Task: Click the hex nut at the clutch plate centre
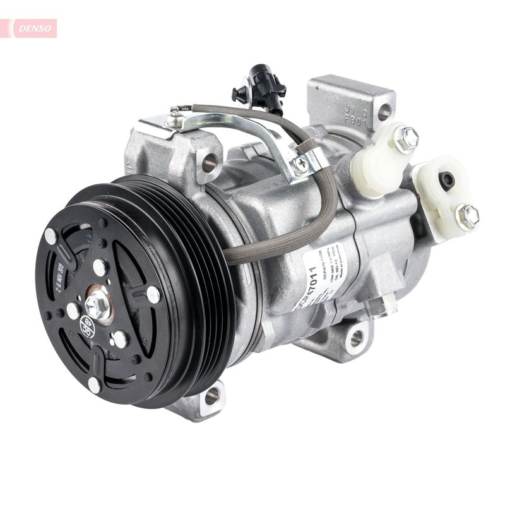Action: pos(97,306)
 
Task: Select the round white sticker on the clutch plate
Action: pos(88,327)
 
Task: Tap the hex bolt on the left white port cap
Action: pos(406,138)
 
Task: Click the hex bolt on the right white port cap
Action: pos(467,217)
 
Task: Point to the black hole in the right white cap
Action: pos(447,181)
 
